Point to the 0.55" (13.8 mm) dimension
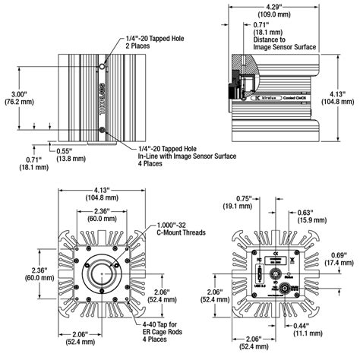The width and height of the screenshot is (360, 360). [x=66, y=153]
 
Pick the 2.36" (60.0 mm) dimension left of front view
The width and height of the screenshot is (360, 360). [x=15, y=273]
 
